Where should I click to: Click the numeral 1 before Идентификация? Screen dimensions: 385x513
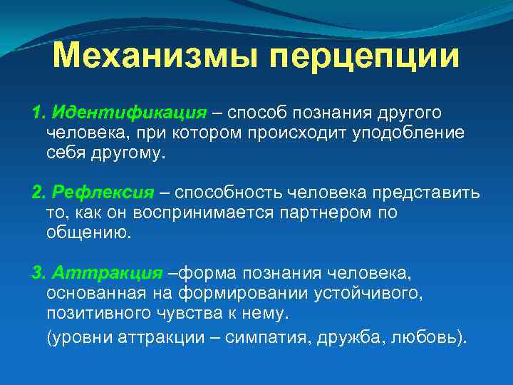point(36,113)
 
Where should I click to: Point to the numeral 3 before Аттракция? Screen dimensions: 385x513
point(37,273)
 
